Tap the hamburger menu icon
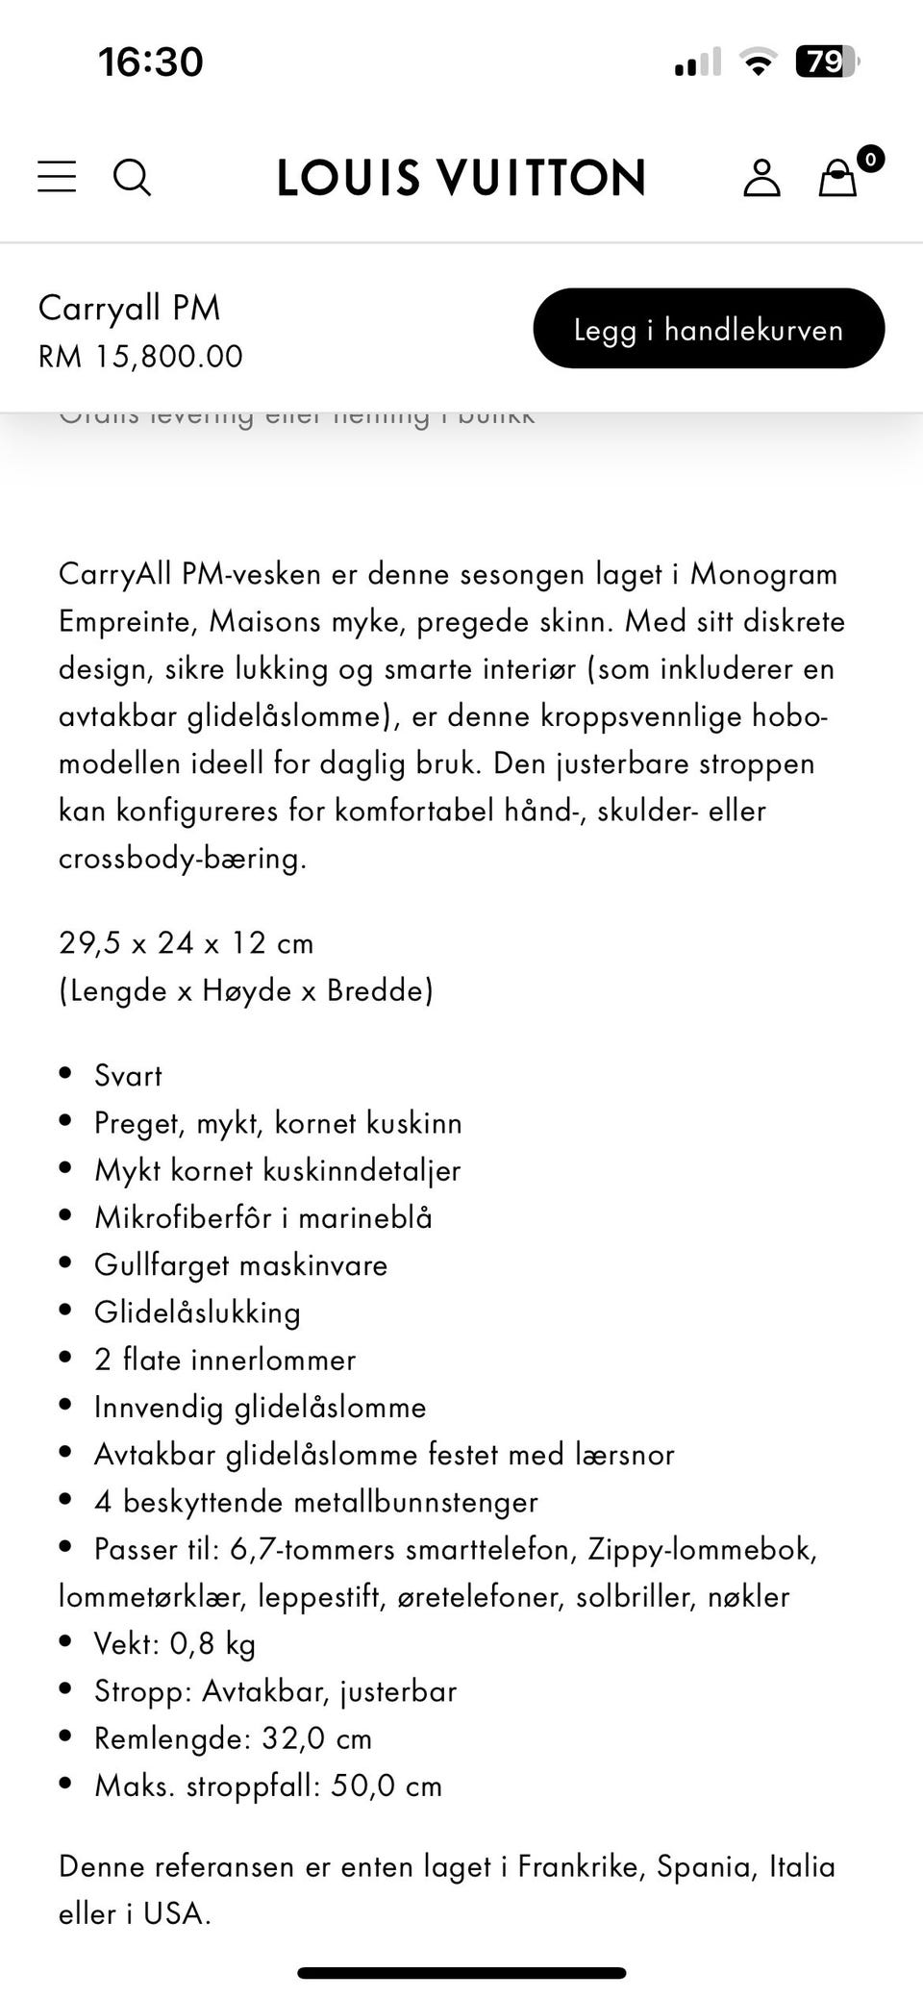[57, 177]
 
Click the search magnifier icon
[132, 177]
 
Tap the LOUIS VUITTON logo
[461, 178]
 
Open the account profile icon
[761, 178]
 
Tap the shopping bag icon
[838, 178]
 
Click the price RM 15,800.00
[140, 357]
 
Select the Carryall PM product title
[129, 308]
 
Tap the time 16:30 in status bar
[151, 62]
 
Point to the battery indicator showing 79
[826, 62]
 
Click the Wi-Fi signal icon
[758, 63]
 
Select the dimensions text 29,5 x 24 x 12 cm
[187, 943]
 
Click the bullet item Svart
[128, 1075]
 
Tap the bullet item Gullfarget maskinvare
[240, 1264]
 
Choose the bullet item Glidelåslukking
[197, 1311]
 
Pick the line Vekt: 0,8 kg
[175, 1643]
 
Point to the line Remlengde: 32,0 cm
[233, 1737]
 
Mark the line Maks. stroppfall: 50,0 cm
[268, 1786]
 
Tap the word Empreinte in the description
[128, 621]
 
